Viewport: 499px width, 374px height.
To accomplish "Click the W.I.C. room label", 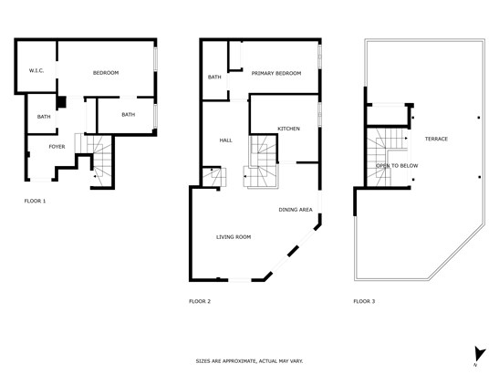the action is point(36,70).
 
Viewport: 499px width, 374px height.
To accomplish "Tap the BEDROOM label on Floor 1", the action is point(106,73).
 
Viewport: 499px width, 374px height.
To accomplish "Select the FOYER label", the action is point(57,147).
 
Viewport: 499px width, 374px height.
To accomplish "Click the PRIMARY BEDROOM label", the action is point(276,74).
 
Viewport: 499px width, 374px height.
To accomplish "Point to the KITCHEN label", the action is point(288,129).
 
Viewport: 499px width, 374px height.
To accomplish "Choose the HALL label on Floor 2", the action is point(225,140).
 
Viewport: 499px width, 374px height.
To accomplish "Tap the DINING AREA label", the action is point(296,210).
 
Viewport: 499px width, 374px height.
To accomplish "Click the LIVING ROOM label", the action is point(234,237).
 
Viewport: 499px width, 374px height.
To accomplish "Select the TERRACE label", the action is point(436,139).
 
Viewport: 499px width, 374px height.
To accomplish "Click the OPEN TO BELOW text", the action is point(397,166).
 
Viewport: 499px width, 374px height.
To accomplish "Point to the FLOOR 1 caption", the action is point(35,202).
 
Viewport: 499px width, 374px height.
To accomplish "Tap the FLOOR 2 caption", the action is point(200,301).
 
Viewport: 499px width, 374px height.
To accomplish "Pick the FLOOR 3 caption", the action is point(364,301).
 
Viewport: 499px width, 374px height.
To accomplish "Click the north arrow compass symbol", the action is point(479,355).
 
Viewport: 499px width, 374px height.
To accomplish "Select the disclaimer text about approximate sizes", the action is point(249,361).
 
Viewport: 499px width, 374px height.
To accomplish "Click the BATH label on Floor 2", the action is point(214,77).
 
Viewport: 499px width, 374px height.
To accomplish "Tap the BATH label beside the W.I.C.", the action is point(44,117).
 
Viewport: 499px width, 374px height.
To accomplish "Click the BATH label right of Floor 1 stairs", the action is point(129,115).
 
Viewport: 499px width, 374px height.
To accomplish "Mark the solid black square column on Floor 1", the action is point(61,102).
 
